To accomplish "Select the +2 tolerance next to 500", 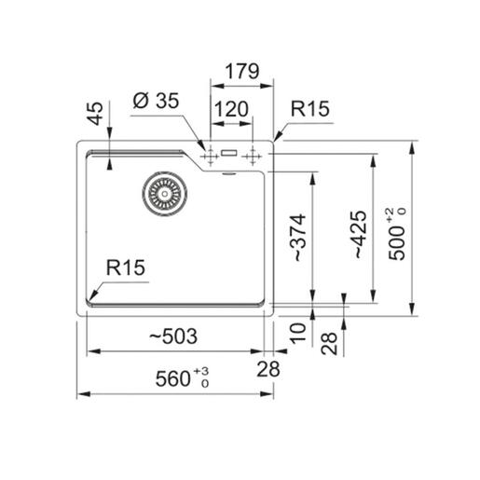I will pyautogui.click(x=401, y=212).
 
